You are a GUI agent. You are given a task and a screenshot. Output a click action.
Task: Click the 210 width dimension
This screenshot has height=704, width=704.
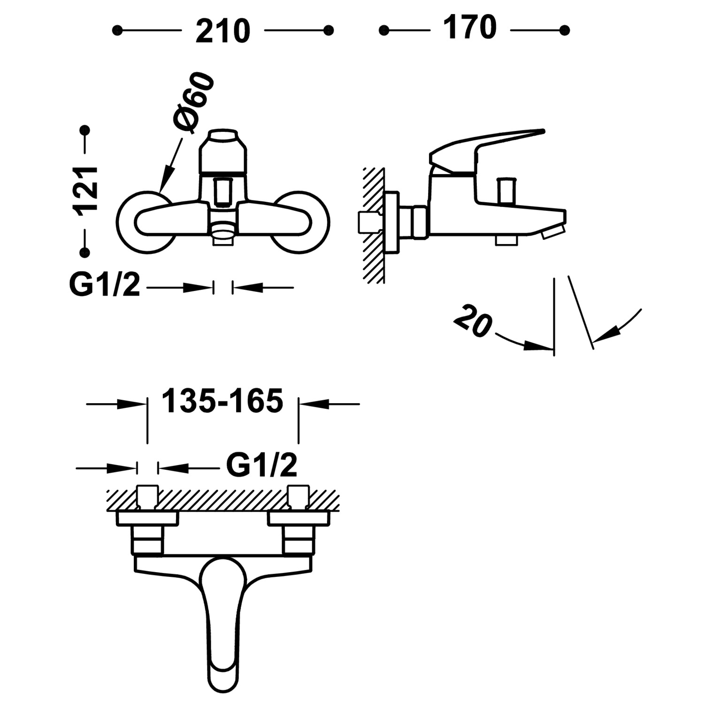point(222,31)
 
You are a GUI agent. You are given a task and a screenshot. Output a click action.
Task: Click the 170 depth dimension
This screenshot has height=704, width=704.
point(470,28)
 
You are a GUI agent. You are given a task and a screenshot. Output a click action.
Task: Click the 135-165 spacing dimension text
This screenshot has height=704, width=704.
point(222,401)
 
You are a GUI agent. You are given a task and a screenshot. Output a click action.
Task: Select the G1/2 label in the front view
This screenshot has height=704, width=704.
point(105,285)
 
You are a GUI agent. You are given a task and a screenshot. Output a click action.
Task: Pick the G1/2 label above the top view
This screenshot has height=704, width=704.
point(261,465)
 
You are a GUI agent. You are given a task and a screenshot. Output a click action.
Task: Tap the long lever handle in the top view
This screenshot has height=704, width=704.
point(222,620)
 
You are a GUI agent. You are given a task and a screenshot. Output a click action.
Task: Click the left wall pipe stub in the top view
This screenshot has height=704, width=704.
point(147,497)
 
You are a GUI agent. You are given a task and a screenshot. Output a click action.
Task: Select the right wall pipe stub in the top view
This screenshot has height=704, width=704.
point(299,497)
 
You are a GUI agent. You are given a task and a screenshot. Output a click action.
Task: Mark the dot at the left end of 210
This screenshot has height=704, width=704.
point(117,31)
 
